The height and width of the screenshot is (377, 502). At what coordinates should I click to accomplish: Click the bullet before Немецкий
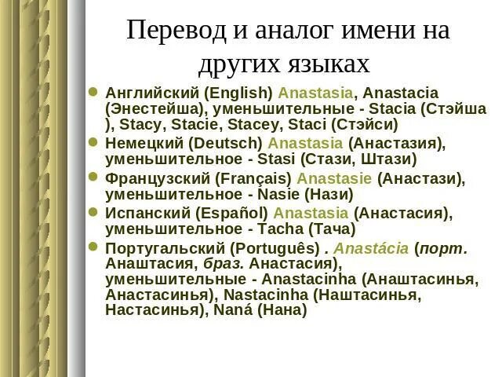point(93,143)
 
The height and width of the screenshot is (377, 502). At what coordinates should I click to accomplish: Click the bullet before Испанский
point(93,213)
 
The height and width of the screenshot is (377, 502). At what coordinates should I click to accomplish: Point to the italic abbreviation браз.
point(224,264)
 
